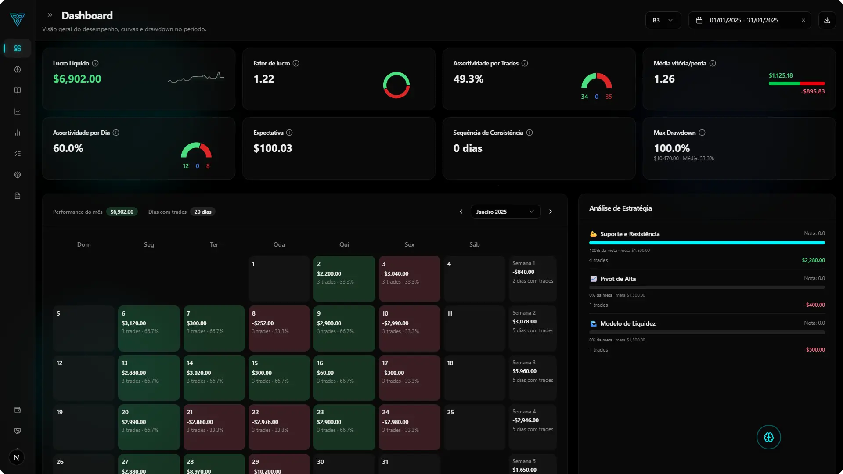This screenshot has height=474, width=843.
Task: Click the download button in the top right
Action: pyautogui.click(x=827, y=20)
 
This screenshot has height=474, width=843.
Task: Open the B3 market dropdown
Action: pyautogui.click(x=663, y=20)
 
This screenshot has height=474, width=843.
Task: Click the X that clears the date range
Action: pyautogui.click(x=803, y=20)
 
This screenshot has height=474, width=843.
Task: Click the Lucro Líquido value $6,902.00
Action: pyautogui.click(x=77, y=79)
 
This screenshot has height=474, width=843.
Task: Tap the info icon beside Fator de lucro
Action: pyautogui.click(x=296, y=63)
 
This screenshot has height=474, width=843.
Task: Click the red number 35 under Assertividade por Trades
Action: pyautogui.click(x=609, y=97)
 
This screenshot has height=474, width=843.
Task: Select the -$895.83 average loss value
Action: pyautogui.click(x=812, y=91)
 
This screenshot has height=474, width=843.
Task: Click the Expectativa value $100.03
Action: pyautogui.click(x=273, y=148)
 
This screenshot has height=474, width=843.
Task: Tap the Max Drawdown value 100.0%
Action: pyautogui.click(x=671, y=148)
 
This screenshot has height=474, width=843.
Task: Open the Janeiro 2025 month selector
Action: pyautogui.click(x=505, y=212)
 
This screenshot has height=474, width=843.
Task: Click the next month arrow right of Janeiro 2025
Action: pyautogui.click(x=550, y=212)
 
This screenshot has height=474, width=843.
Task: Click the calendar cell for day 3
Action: pyautogui.click(x=409, y=278)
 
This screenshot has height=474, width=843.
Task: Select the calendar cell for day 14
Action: pyautogui.click(x=214, y=377)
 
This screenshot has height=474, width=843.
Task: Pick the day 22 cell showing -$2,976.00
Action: pyautogui.click(x=279, y=427)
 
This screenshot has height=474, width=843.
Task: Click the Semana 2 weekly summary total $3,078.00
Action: pyautogui.click(x=524, y=322)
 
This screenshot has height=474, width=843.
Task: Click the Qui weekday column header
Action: pyautogui.click(x=344, y=244)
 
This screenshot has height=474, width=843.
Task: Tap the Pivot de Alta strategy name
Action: pyautogui.click(x=618, y=279)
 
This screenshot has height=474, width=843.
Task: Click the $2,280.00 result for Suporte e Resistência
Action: pyautogui.click(x=813, y=260)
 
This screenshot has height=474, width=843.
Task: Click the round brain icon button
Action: pyautogui.click(x=768, y=437)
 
